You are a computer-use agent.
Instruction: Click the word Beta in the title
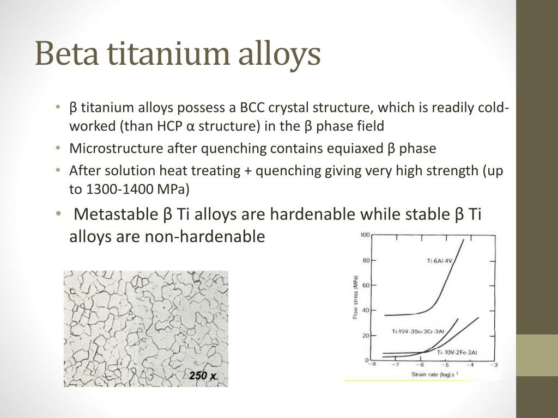pos(66,53)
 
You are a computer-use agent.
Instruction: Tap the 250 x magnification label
pos(203,376)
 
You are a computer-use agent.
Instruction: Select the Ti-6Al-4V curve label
pos(439,261)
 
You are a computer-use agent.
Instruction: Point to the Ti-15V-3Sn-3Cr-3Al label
pos(418,331)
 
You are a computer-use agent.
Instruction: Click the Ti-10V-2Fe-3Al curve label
pos(457,352)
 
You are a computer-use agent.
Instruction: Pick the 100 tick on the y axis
pos(365,235)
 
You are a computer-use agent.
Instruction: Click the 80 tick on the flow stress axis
pos(366,261)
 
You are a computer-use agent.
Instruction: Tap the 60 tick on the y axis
pos(366,285)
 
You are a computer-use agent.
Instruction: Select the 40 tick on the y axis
pos(366,310)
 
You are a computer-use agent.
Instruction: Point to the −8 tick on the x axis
pos(372,364)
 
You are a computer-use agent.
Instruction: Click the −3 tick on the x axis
pos(495,364)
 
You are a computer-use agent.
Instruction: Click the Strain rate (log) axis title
pos(435,374)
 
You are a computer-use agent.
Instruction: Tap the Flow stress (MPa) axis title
pos(355,297)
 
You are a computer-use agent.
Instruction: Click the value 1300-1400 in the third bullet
pos(119,189)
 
